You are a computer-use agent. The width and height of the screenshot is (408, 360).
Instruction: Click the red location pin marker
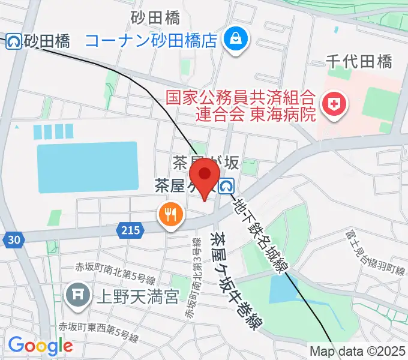pyautogui.click(x=205, y=175)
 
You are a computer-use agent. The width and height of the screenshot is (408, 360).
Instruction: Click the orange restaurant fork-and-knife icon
pyautogui.click(x=170, y=212)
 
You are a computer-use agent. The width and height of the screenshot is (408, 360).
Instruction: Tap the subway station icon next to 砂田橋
pyautogui.click(x=13, y=41)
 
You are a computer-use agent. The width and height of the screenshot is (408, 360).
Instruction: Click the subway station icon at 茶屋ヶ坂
pyautogui.click(x=226, y=187)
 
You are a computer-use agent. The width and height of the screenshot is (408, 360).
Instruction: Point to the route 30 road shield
pyautogui.click(x=14, y=240)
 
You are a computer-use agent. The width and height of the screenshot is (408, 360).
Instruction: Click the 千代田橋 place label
pyautogui.click(x=359, y=61)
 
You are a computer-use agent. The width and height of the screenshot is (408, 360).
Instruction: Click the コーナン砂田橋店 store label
pyautogui.click(x=151, y=40)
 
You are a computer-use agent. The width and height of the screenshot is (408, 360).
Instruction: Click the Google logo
pyautogui.click(x=40, y=345)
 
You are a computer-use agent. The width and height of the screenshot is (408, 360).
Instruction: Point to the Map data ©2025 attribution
pyautogui.click(x=358, y=350)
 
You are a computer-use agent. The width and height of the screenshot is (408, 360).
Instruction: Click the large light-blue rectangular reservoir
pyautogui.click(x=87, y=167)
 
